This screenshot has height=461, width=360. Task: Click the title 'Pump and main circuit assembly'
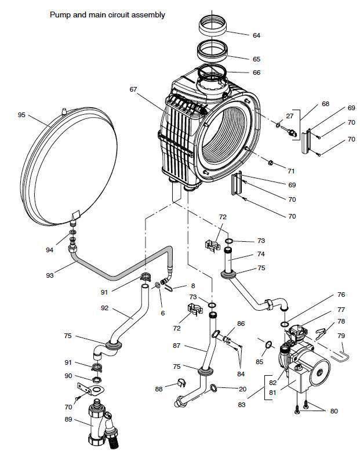point(107,14)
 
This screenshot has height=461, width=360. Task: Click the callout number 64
point(257,35)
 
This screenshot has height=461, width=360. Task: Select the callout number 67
point(133,89)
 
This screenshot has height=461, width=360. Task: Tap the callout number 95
point(21,115)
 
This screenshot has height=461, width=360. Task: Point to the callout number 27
point(290,116)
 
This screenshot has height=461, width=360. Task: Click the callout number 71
point(291,171)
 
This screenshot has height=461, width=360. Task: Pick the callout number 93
point(50,275)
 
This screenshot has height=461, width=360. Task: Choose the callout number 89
point(68,419)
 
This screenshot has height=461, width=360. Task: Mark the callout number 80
point(334,411)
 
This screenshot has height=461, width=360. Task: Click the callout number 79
point(341,336)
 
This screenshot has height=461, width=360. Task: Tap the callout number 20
point(242,389)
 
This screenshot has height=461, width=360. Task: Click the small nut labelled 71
point(271,162)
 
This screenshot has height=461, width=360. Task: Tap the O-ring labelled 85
point(268,344)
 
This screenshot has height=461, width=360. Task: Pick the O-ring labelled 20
point(214,388)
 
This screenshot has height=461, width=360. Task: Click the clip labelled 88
point(181,383)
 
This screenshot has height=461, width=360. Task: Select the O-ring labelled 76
point(284,324)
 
